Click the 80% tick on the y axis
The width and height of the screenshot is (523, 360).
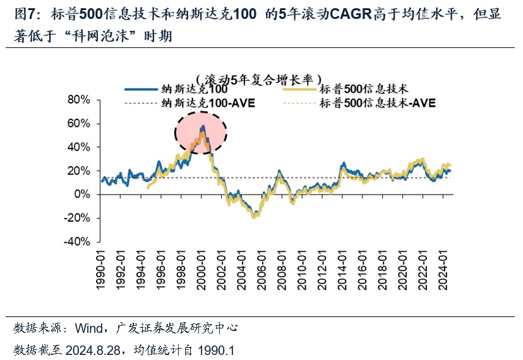[x=82, y=100]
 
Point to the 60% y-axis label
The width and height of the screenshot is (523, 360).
[x=82, y=123]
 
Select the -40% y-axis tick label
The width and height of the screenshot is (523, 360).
[x=80, y=241]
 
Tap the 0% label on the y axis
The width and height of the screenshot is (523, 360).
[x=85, y=195]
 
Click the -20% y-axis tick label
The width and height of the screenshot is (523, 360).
[x=80, y=218]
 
